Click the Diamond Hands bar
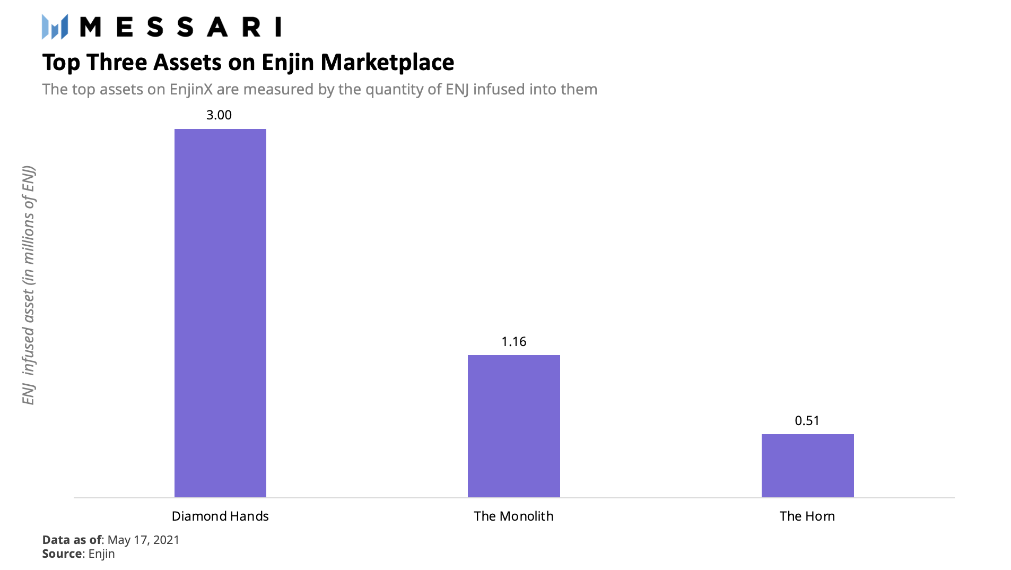click(220, 313)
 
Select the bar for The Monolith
click(513, 426)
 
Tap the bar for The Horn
click(807, 465)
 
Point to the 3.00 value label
click(219, 115)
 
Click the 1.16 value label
click(513, 341)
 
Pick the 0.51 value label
click(807, 420)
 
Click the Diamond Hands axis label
click(220, 516)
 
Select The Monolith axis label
click(513, 516)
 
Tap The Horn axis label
click(807, 516)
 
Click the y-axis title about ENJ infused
click(29, 285)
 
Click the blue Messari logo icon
click(55, 27)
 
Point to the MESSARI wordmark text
click(180, 27)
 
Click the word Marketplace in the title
click(387, 62)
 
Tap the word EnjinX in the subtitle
click(191, 89)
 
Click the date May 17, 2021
click(143, 540)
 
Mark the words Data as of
click(72, 540)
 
